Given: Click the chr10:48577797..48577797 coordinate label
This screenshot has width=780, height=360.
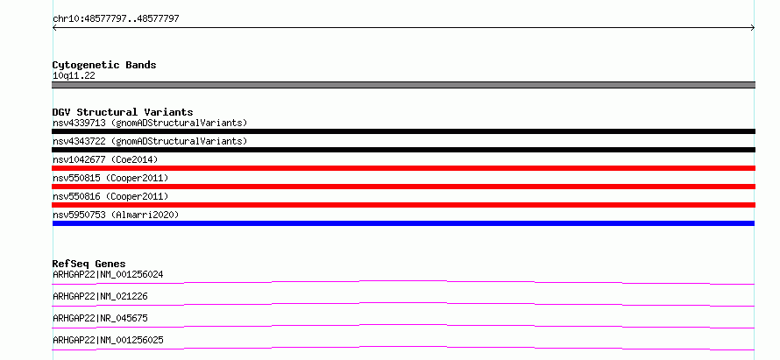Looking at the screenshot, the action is click(x=116, y=19).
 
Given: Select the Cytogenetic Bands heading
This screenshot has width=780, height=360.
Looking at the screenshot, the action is click(x=104, y=65).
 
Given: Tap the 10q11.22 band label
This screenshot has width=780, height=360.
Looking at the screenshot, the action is click(x=74, y=76).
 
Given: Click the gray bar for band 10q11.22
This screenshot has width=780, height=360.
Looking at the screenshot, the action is click(x=403, y=85).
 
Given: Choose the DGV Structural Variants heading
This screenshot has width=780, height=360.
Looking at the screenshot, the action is click(x=123, y=112).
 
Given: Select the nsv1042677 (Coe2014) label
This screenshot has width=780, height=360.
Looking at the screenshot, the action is click(x=105, y=159).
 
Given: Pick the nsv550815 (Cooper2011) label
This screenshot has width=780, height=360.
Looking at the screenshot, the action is click(x=110, y=178).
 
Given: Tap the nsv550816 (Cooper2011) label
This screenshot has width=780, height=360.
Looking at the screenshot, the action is click(x=110, y=196).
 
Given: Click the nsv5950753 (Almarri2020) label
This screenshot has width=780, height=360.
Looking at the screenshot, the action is click(x=116, y=215).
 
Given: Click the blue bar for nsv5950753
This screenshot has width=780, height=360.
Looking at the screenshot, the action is click(x=403, y=223).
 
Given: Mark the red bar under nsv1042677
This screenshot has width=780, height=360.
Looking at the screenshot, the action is click(x=403, y=168).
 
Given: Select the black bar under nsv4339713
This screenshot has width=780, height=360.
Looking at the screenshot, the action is click(x=403, y=131).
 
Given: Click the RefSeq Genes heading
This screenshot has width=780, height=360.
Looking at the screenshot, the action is click(x=89, y=264).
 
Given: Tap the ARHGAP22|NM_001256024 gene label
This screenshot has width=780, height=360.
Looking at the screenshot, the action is click(x=108, y=274).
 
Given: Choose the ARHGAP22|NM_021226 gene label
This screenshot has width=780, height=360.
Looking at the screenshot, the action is click(x=100, y=296).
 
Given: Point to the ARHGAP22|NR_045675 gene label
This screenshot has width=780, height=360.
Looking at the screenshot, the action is click(x=100, y=318).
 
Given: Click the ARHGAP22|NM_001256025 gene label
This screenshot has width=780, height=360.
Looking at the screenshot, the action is click(x=108, y=340).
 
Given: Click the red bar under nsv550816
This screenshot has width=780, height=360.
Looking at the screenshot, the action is click(x=403, y=205).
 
